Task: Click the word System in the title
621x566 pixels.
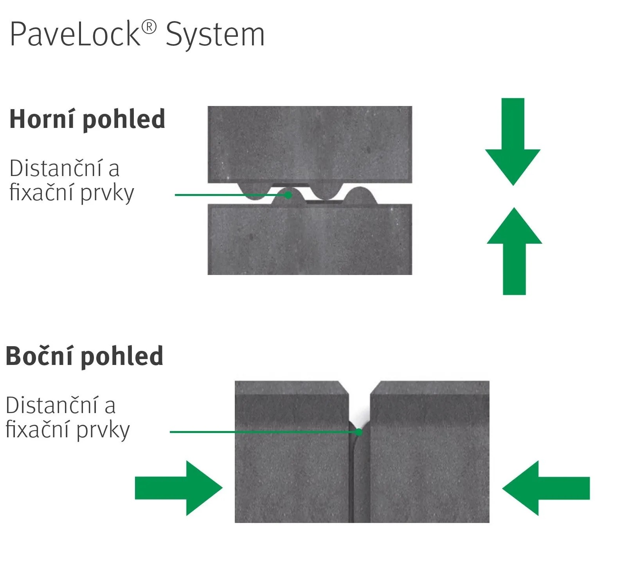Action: (x=215, y=36)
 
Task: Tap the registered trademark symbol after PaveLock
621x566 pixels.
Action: (x=149, y=27)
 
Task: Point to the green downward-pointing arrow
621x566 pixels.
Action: (x=513, y=142)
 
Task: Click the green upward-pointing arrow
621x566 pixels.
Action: (x=514, y=251)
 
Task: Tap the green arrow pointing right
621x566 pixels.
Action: (x=179, y=488)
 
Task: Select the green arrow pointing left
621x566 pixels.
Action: (x=546, y=488)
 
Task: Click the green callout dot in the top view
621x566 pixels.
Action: (x=288, y=194)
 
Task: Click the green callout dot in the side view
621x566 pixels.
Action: (x=359, y=432)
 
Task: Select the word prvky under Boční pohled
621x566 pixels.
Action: (x=103, y=430)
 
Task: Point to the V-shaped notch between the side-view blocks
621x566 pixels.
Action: (x=359, y=403)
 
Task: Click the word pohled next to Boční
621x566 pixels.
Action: (x=122, y=357)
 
